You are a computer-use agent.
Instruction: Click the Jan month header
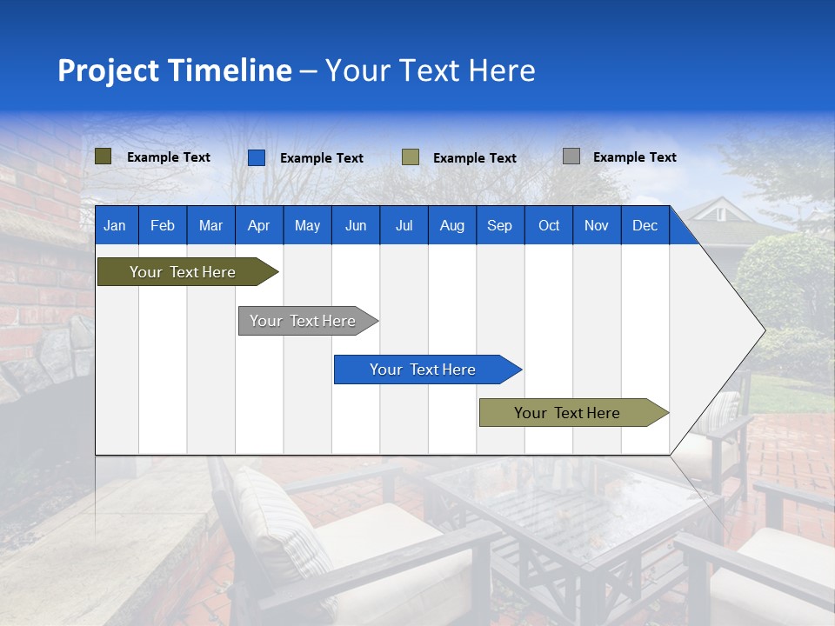[116, 225]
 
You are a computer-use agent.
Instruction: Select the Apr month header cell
[258, 225]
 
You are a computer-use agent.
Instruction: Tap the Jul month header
[404, 225]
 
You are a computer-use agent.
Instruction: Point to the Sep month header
[499, 225]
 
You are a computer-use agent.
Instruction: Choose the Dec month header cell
[645, 225]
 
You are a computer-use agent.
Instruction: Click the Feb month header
[163, 225]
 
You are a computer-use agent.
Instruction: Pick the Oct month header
[549, 225]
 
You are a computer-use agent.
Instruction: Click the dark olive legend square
[104, 156]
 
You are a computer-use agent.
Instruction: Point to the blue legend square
[257, 157]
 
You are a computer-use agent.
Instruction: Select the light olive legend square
[411, 157]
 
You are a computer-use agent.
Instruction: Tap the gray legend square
[571, 156]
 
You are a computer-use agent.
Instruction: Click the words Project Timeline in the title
[174, 70]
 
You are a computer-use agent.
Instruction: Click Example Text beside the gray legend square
[634, 157]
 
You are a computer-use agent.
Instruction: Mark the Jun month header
[356, 225]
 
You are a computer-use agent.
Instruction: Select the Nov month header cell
[597, 225]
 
